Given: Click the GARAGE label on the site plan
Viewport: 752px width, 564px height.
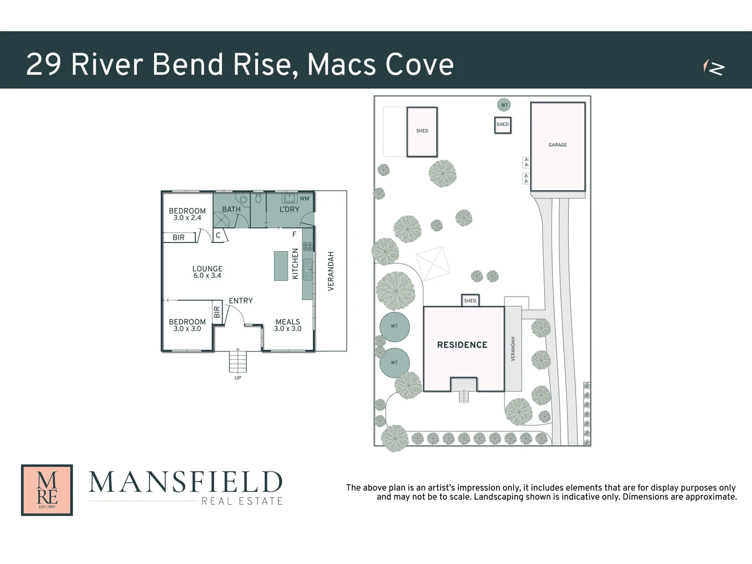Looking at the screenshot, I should point(557,145).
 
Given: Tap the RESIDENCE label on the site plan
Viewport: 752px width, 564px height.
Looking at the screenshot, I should point(462,345).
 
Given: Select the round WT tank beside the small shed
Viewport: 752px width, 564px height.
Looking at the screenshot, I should point(504,105).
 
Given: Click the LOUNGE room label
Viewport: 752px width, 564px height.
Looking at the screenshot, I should point(207,269).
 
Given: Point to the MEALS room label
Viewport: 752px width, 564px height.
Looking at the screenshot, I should point(288,322).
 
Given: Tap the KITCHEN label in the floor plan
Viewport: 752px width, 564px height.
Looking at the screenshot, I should point(295,264).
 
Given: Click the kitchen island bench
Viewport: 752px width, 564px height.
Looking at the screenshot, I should point(281,266).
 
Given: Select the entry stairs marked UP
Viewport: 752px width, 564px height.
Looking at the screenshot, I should point(238,360).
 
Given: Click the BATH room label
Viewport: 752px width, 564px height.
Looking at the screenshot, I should point(231,209).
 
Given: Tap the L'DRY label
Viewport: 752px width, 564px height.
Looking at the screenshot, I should point(289,209).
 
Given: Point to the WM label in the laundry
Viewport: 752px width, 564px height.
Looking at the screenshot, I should point(304,198).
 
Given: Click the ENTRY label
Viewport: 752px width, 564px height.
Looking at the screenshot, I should point(241,301).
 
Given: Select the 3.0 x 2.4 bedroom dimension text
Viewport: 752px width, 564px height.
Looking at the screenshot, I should point(187,218).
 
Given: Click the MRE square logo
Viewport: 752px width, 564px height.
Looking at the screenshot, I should point(47,490).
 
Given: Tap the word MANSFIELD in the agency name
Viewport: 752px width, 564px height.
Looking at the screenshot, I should point(186,483).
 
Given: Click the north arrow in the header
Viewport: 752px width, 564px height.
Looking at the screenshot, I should point(713,67).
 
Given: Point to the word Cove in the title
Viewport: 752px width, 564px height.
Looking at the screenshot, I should point(419,65).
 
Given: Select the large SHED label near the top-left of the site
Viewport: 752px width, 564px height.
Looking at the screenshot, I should point(422,131).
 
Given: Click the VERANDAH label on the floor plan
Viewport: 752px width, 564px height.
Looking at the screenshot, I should point(331,271).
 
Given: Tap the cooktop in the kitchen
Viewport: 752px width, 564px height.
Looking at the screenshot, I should point(308,246).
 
